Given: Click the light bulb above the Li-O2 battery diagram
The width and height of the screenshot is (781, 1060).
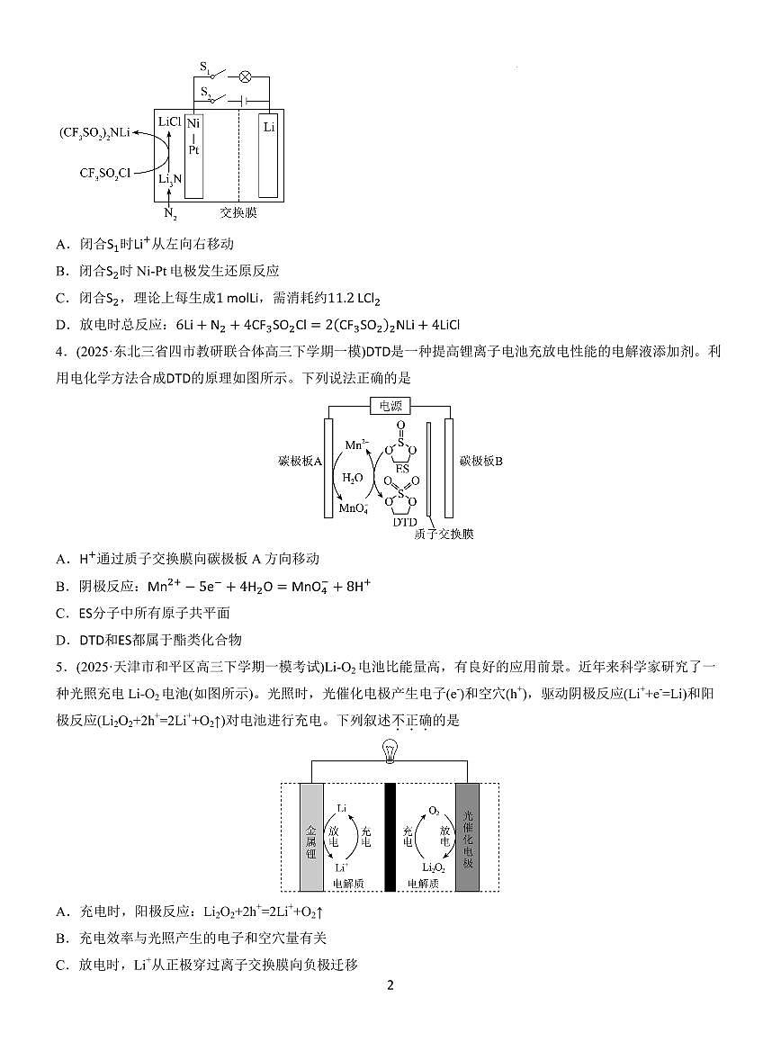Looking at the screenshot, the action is (390, 749).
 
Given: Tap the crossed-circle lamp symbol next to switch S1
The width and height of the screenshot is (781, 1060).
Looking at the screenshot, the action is (244, 77).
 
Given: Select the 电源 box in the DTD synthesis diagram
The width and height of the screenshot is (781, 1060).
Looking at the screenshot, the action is (390, 406).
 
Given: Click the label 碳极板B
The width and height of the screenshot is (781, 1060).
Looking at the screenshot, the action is (480, 461).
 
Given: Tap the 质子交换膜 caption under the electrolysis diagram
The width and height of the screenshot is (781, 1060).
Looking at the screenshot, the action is (444, 534).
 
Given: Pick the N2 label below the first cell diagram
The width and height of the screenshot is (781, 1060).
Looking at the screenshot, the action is (170, 214).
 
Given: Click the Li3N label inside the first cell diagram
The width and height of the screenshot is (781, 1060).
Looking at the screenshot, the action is (170, 179).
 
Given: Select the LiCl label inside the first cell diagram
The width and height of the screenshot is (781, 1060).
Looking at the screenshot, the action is (170, 121).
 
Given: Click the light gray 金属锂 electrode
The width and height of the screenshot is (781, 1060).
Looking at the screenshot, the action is (310, 837).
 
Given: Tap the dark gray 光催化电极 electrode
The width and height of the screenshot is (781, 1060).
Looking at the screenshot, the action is (467, 837).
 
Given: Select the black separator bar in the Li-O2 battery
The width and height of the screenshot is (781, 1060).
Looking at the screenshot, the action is (390, 837).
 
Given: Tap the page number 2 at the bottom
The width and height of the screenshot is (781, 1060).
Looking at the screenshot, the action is (390, 984).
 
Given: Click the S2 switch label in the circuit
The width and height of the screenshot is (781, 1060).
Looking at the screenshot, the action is (205, 93).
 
